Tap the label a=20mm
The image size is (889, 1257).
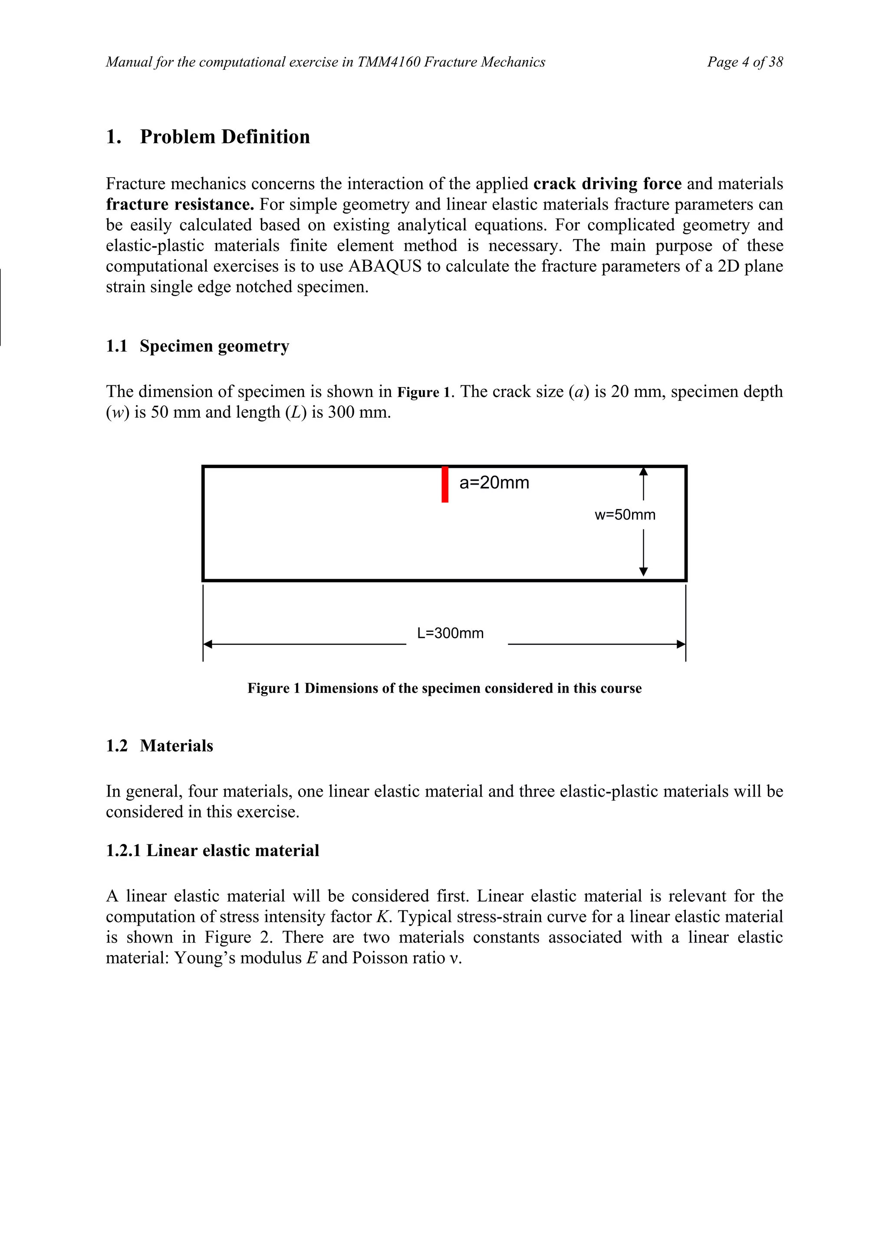point(494,483)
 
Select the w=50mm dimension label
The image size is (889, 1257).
point(625,515)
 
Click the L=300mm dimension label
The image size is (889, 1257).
point(450,633)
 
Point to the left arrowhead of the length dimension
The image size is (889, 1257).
point(207,644)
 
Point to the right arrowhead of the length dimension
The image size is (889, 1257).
point(681,644)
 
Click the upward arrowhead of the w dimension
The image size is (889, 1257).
point(644,471)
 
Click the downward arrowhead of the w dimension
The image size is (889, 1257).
point(644,571)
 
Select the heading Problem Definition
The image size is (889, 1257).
point(224,137)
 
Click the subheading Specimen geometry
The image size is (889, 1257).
point(214,346)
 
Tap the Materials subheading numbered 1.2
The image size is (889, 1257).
point(176,746)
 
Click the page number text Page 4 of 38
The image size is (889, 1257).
point(745,62)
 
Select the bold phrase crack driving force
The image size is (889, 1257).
point(607,184)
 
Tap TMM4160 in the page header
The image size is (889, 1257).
point(389,62)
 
